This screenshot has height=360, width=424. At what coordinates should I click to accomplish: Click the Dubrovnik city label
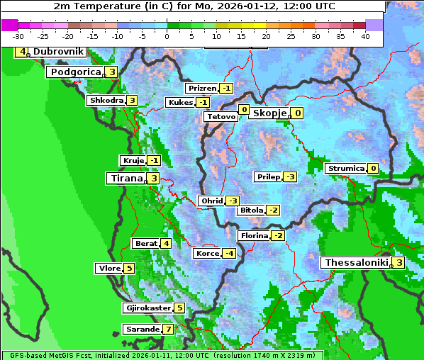tap(57, 52)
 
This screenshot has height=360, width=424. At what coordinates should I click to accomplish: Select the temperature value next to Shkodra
tap(132, 101)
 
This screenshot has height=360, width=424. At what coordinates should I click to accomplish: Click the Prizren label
tap(202, 89)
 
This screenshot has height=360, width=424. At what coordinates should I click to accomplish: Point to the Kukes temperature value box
tap(203, 103)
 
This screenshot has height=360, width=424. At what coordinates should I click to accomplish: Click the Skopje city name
tap(269, 113)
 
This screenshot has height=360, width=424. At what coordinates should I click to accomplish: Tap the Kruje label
tap(133, 161)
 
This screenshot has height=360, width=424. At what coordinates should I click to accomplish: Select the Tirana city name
tap(125, 179)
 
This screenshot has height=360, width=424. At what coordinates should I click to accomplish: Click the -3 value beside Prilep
tap(290, 176)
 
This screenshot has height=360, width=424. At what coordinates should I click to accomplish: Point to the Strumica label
tap(346, 169)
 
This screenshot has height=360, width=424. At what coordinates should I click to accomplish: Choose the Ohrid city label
tap(211, 201)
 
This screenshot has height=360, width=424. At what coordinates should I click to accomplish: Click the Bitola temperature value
tap(273, 210)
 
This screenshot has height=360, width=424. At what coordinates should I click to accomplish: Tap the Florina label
tap(254, 235)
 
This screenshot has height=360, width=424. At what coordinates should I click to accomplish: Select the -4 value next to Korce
tap(229, 254)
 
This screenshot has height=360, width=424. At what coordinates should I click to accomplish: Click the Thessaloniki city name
tap(356, 263)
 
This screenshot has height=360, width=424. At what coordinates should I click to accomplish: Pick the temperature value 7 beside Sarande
tap(168, 330)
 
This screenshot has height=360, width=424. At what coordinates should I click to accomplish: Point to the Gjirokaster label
tap(147, 308)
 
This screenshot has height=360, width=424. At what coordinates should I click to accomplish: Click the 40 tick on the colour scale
tap(365, 35)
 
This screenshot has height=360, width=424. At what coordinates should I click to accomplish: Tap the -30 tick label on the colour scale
tap(18, 35)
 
